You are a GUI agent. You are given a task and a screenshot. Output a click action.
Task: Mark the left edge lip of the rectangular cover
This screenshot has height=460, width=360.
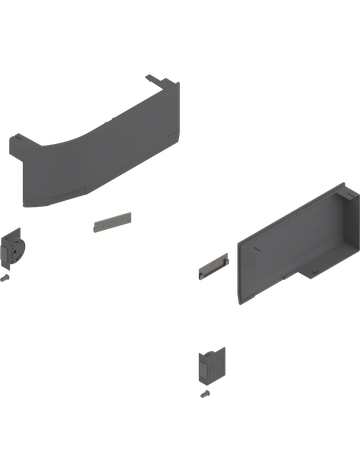[x=238, y=270]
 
